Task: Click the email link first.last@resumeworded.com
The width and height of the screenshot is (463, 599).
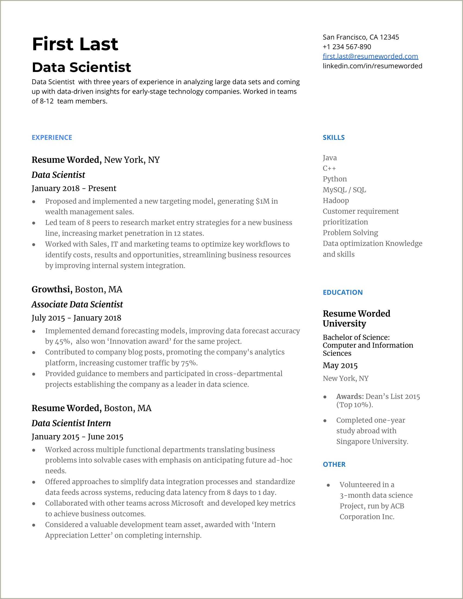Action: pyautogui.click(x=370, y=56)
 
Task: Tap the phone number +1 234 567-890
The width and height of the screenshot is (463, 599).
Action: pyautogui.click(x=347, y=47)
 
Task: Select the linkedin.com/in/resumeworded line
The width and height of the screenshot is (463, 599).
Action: pyautogui.click(x=372, y=66)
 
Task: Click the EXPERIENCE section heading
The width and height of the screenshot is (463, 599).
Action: pyautogui.click(x=52, y=137)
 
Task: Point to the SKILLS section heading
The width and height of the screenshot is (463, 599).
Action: pyautogui.click(x=333, y=137)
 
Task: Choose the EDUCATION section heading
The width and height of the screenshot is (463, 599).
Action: pyautogui.click(x=343, y=292)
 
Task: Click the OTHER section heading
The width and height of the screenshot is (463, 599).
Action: pyautogui.click(x=334, y=464)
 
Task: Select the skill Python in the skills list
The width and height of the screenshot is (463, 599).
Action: pyautogui.click(x=334, y=179)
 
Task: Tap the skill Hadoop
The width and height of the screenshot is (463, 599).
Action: pyautogui.click(x=335, y=200)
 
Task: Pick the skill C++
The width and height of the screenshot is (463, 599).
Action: pyautogui.click(x=329, y=168)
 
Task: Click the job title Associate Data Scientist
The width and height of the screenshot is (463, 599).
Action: pyautogui.click(x=77, y=304)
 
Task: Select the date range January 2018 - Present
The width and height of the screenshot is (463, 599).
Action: pyautogui.click(x=74, y=188)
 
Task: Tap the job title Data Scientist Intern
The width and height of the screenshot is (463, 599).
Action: pyautogui.click(x=71, y=423)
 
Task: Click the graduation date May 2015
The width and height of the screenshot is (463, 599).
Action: pyautogui.click(x=340, y=365)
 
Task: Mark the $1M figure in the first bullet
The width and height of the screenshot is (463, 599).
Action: pyautogui.click(x=262, y=201)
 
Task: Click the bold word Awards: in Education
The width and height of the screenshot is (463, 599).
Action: pyautogui.click(x=350, y=397)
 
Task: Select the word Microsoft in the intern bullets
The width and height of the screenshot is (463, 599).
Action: pyautogui.click(x=187, y=503)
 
